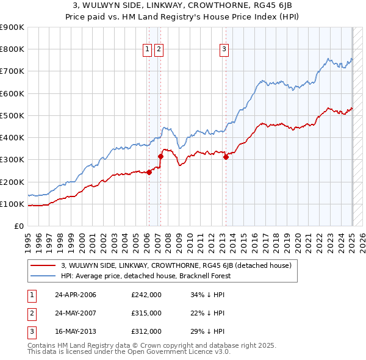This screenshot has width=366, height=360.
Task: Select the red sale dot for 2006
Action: coord(149,172)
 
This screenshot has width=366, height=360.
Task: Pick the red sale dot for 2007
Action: coord(160,156)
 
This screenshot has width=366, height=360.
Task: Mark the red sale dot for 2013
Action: coord(226,157)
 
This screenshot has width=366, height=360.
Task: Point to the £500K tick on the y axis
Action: coord(13,115)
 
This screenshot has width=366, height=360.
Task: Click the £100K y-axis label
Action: coord(13,204)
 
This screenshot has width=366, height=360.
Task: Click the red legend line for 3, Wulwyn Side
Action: coord(43,265)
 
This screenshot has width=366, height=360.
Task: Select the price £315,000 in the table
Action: coord(146,313)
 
